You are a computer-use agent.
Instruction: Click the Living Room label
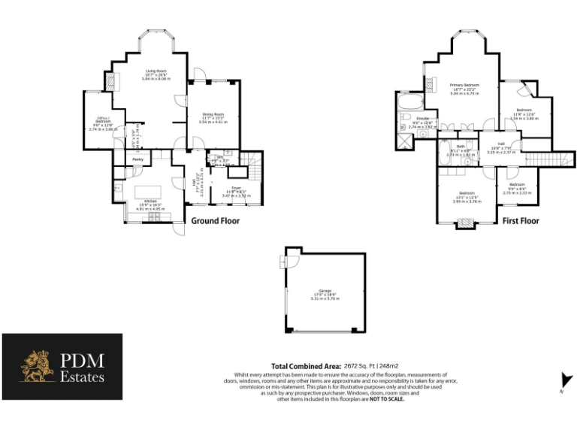[156, 71]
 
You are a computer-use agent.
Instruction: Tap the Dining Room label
[213, 114]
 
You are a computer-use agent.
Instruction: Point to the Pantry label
[137, 159]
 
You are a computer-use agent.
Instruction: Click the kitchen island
[148, 187]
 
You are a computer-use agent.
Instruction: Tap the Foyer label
[235, 189]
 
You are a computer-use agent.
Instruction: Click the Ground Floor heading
[216, 221]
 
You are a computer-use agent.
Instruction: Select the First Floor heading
[521, 222]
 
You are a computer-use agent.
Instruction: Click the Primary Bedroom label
[464, 86]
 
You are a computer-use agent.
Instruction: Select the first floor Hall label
[501, 144]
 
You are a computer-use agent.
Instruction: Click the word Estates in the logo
[83, 377]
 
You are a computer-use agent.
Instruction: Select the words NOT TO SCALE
[387, 399]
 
